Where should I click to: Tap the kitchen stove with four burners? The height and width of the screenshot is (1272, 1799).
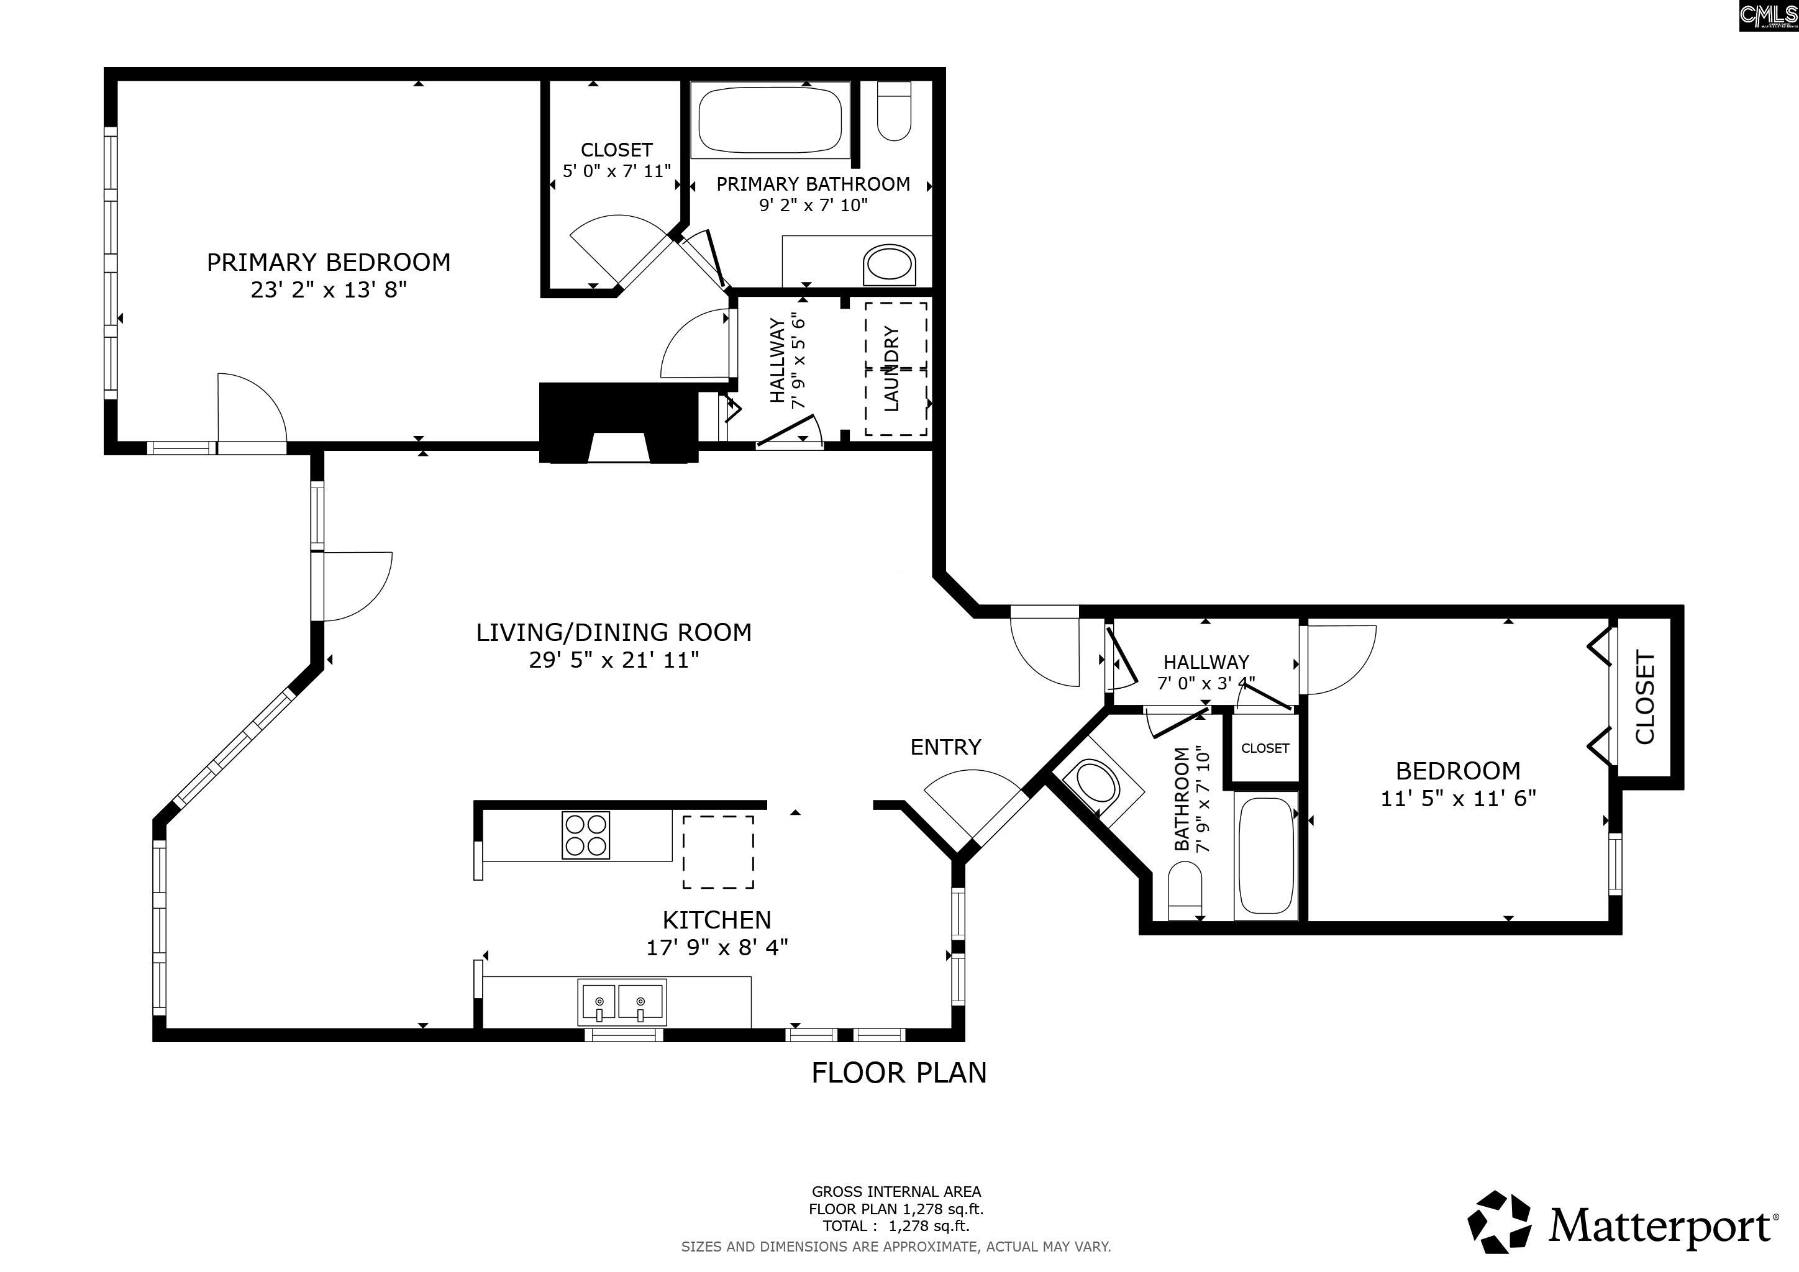pyautogui.click(x=585, y=835)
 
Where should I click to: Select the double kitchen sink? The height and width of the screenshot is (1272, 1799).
pyautogui.click(x=622, y=1002)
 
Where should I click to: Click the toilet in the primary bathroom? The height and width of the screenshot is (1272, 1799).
pyautogui.click(x=893, y=111)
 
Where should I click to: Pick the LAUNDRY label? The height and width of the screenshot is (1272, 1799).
pyautogui.click(x=891, y=369)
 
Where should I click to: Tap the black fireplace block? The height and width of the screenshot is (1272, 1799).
pyautogui.click(x=619, y=423)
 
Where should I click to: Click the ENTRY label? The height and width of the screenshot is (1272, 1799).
pyautogui.click(x=945, y=747)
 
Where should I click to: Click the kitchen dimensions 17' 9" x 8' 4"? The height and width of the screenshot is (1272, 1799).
pyautogui.click(x=717, y=948)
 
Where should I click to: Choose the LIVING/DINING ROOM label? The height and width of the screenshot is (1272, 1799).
pyautogui.click(x=614, y=632)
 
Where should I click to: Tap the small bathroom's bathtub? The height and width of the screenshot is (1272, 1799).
pyautogui.click(x=1265, y=856)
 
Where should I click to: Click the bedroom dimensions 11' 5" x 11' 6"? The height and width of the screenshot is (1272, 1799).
pyautogui.click(x=1458, y=799)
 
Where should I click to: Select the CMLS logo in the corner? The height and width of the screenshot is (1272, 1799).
pyautogui.click(x=1768, y=16)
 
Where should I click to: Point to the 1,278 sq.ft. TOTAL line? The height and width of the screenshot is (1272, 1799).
pyautogui.click(x=896, y=1227)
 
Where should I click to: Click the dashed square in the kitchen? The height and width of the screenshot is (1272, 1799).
pyautogui.click(x=719, y=852)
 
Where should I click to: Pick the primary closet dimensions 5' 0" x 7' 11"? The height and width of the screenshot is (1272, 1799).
pyautogui.click(x=617, y=171)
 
